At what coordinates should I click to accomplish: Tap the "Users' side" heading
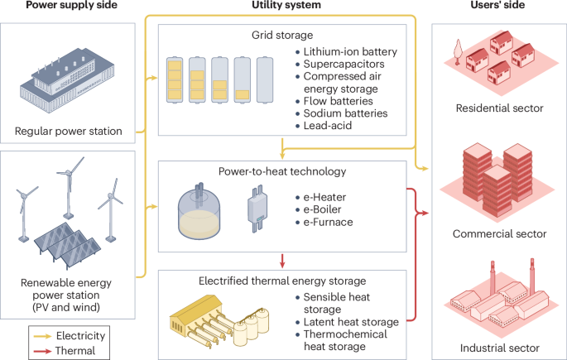click(499, 7)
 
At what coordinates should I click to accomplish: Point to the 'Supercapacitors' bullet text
click(344, 64)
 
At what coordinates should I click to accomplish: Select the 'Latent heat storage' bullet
click(352, 321)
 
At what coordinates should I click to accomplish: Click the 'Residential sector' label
click(498, 108)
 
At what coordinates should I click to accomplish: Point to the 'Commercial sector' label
click(499, 233)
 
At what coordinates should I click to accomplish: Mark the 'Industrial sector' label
click(499, 348)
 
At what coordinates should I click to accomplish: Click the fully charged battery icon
click(176, 77)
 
